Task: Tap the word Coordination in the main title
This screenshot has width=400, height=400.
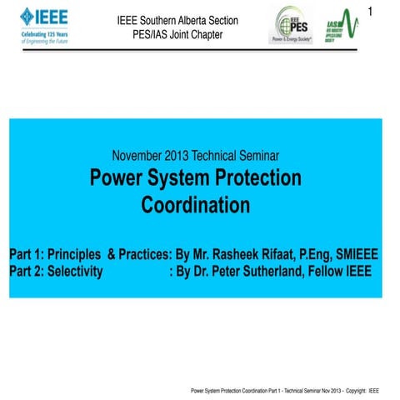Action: pos(196,204)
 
